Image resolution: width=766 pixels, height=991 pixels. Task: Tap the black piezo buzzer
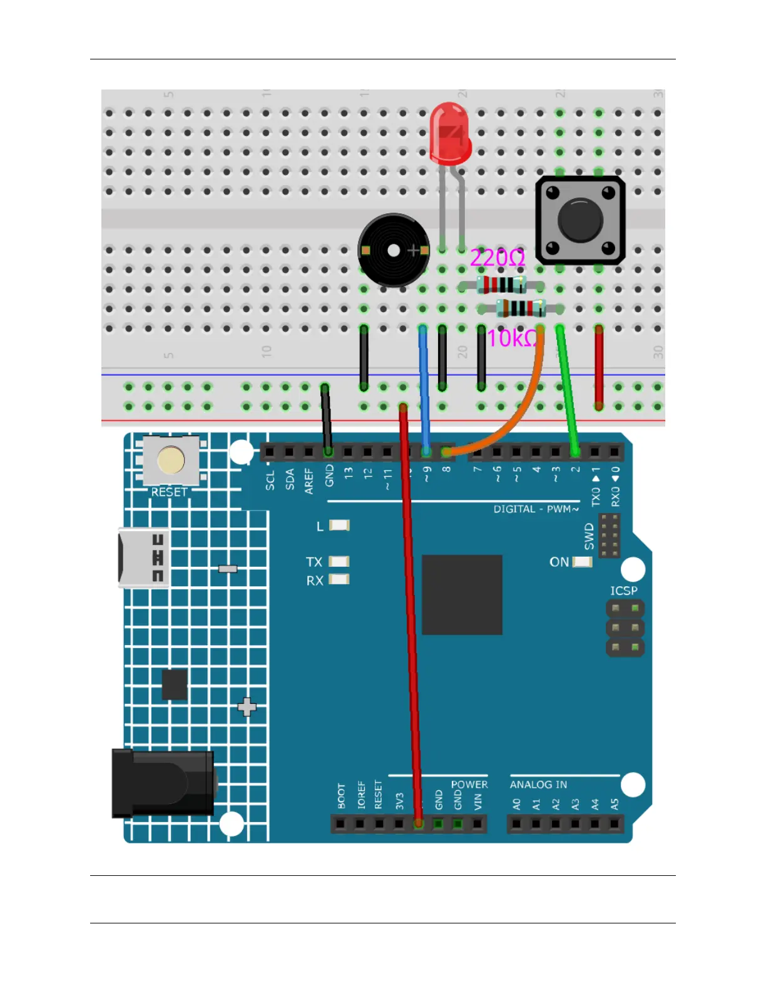point(393,250)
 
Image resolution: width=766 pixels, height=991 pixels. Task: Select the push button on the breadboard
point(580,220)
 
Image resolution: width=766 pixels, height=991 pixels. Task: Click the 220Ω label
point(497,257)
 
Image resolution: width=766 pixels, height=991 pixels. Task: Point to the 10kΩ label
point(511,338)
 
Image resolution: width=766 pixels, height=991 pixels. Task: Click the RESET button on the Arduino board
point(171,460)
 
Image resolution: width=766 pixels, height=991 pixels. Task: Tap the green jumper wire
point(567,388)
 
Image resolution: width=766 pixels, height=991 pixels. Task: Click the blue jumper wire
point(424,388)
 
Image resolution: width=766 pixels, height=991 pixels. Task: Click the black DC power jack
point(163,783)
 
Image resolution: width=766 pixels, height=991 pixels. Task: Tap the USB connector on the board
point(143,557)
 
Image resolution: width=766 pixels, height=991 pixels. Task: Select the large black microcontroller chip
point(462,594)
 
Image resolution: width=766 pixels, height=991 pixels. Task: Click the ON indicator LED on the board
point(582,562)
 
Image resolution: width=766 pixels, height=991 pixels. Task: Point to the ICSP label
point(623,591)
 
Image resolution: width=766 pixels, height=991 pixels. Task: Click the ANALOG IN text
point(538,785)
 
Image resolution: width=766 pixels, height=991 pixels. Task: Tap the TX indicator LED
point(339,562)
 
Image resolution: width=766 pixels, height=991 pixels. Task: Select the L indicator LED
point(339,526)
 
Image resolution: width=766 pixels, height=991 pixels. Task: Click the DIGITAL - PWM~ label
point(536,509)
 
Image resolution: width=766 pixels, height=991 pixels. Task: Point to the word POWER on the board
point(469,785)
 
